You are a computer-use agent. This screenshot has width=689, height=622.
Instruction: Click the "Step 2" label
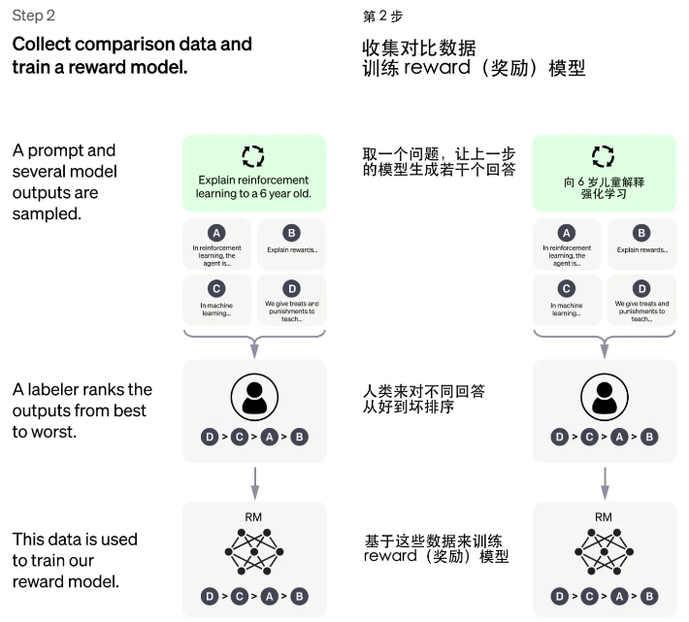[x=33, y=17]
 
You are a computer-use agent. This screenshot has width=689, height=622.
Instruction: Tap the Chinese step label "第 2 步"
[x=382, y=17]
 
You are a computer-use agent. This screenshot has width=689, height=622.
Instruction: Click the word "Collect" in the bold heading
[x=45, y=45]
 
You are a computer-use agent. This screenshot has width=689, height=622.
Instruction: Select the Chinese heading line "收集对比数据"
[x=419, y=46]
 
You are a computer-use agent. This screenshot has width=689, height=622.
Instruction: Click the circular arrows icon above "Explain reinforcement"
[x=252, y=156]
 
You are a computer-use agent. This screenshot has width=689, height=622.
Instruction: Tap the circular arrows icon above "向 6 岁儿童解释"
[x=603, y=156]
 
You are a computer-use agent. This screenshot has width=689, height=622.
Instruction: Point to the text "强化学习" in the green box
[x=603, y=194]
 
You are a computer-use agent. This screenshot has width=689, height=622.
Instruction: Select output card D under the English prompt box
[x=291, y=298]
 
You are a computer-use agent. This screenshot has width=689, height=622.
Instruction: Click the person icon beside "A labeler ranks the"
[x=253, y=398]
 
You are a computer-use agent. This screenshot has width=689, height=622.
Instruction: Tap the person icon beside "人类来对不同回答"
[x=603, y=398]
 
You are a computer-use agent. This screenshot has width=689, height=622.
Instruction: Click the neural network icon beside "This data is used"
[x=253, y=555]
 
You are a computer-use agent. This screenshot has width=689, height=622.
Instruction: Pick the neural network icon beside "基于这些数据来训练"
[x=603, y=555]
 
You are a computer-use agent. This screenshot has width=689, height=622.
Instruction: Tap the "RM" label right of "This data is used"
[x=253, y=517]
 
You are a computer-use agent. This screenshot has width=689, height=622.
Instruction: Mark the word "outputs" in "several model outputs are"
[x=43, y=192]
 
